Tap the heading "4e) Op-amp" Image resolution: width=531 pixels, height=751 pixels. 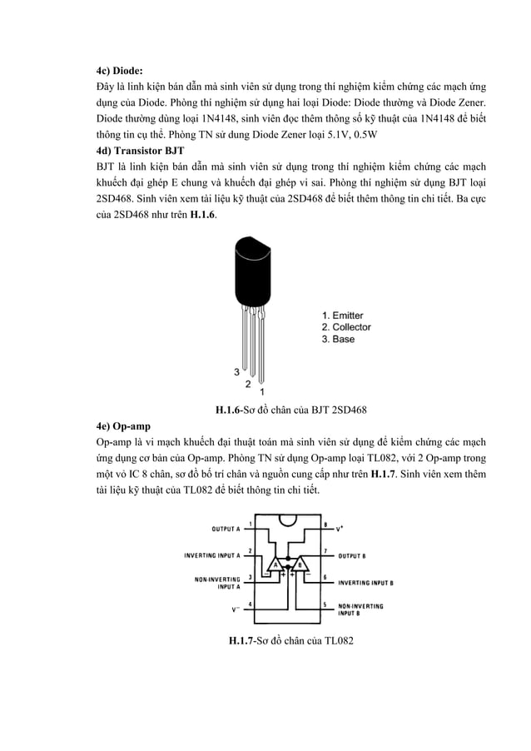(117, 425)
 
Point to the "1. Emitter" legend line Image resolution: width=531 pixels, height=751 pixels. (342, 316)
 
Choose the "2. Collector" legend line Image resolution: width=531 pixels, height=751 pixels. (346, 327)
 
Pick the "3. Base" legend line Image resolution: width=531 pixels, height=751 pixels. (338, 339)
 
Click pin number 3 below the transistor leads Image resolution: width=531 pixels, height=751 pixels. (237, 371)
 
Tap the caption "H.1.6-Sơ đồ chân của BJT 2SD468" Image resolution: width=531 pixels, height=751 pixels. (291, 410)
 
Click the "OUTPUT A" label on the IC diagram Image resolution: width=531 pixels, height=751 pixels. (226, 529)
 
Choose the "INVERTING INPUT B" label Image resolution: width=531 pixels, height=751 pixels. (366, 583)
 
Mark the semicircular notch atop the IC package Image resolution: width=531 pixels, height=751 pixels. (288, 520)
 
